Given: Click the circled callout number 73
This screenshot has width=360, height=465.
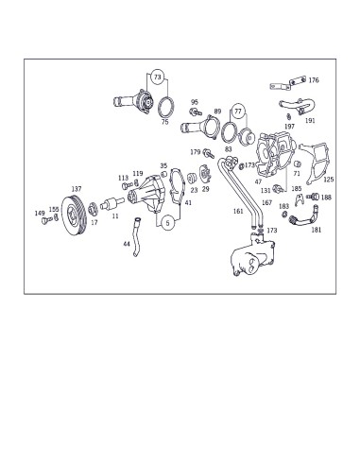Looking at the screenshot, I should [x=157, y=76].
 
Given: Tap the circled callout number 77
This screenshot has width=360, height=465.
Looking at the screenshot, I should [x=237, y=110].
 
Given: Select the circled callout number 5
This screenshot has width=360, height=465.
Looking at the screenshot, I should [x=166, y=224].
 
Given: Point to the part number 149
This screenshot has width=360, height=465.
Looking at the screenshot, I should [x=40, y=214].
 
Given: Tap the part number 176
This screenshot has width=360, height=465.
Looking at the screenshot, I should [x=314, y=81].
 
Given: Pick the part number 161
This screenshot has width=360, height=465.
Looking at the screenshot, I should [x=238, y=212].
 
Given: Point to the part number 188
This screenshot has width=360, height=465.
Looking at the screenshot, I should [x=326, y=198].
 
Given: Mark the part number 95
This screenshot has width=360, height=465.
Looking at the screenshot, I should [x=194, y=101].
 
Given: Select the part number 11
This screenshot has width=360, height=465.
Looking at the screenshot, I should [x=115, y=216].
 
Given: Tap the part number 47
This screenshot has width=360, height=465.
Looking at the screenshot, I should [x=258, y=181].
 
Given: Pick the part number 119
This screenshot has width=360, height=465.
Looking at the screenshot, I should [x=138, y=174].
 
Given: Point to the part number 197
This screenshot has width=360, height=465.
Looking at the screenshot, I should [x=289, y=126].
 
